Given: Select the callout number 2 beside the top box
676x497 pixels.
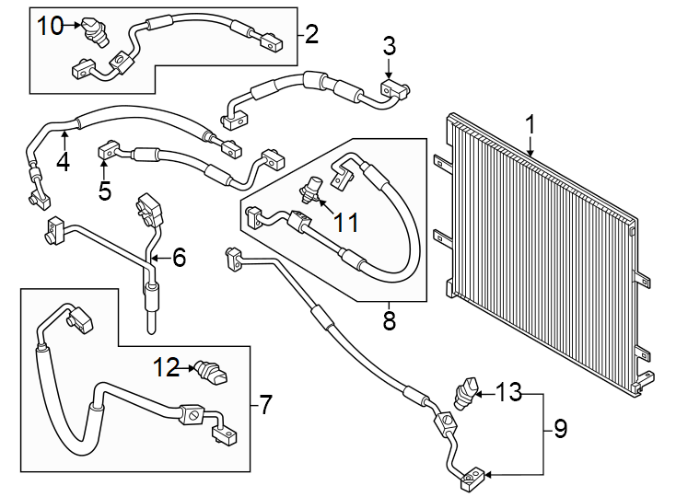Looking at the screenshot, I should tap(311, 36).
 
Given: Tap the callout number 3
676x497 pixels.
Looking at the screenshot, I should tap(390, 44).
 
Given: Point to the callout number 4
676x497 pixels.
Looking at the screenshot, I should tap(63, 161).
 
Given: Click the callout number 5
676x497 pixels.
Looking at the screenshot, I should tap(104, 191).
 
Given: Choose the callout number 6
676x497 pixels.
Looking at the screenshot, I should tap(178, 259).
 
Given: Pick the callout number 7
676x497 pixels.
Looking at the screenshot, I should tap(265, 404).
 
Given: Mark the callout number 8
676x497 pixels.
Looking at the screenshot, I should tap(388, 320).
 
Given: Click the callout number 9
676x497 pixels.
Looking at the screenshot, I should tap(560, 428).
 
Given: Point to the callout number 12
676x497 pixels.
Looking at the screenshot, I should tap(167, 368).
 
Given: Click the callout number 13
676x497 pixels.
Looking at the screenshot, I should tap(507, 393).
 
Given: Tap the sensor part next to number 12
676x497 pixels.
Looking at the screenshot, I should tap(209, 372).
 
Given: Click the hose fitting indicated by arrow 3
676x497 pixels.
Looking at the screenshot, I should tap(393, 88).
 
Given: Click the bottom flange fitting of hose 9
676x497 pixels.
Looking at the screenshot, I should tap(472, 476).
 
